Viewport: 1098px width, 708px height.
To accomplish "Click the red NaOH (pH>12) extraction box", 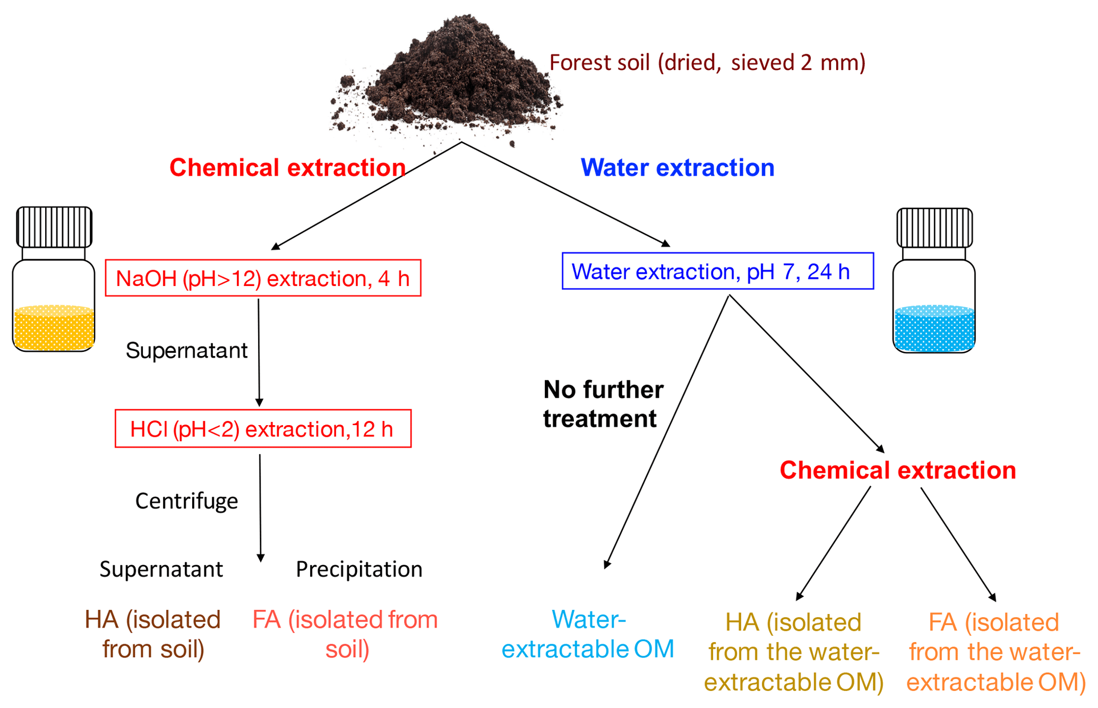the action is click(x=263, y=278).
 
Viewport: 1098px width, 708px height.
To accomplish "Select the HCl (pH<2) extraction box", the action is click(x=263, y=428).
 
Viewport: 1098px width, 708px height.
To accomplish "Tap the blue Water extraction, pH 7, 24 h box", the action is click(x=718, y=271).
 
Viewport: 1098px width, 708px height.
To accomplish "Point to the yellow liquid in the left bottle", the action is click(x=54, y=327).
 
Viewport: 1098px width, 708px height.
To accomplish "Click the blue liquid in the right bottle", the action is click(x=934, y=328).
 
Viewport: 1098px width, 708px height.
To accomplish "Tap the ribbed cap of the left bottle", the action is click(x=54, y=227).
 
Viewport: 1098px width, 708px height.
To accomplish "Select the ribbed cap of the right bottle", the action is click(x=934, y=228).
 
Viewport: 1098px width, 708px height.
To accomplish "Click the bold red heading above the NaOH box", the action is click(x=288, y=167).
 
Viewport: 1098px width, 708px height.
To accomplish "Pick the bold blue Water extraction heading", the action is click(x=677, y=167).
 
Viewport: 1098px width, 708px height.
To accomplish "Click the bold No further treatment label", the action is click(x=603, y=404).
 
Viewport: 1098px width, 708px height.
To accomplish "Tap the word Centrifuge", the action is click(x=187, y=501).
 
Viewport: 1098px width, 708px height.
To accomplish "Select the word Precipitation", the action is click(x=359, y=569).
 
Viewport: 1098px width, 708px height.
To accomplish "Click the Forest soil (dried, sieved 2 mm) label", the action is click(x=707, y=63).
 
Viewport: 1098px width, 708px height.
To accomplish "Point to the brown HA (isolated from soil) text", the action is click(x=153, y=634).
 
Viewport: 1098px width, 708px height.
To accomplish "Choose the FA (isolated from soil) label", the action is click(x=345, y=634).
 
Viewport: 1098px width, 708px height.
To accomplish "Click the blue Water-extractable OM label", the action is click(x=588, y=634).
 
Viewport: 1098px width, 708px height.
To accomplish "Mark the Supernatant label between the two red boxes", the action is click(x=187, y=350).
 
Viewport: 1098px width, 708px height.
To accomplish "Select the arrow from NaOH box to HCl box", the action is click(x=259, y=352).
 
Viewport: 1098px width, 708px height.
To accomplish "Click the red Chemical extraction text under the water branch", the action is click(x=898, y=470).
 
